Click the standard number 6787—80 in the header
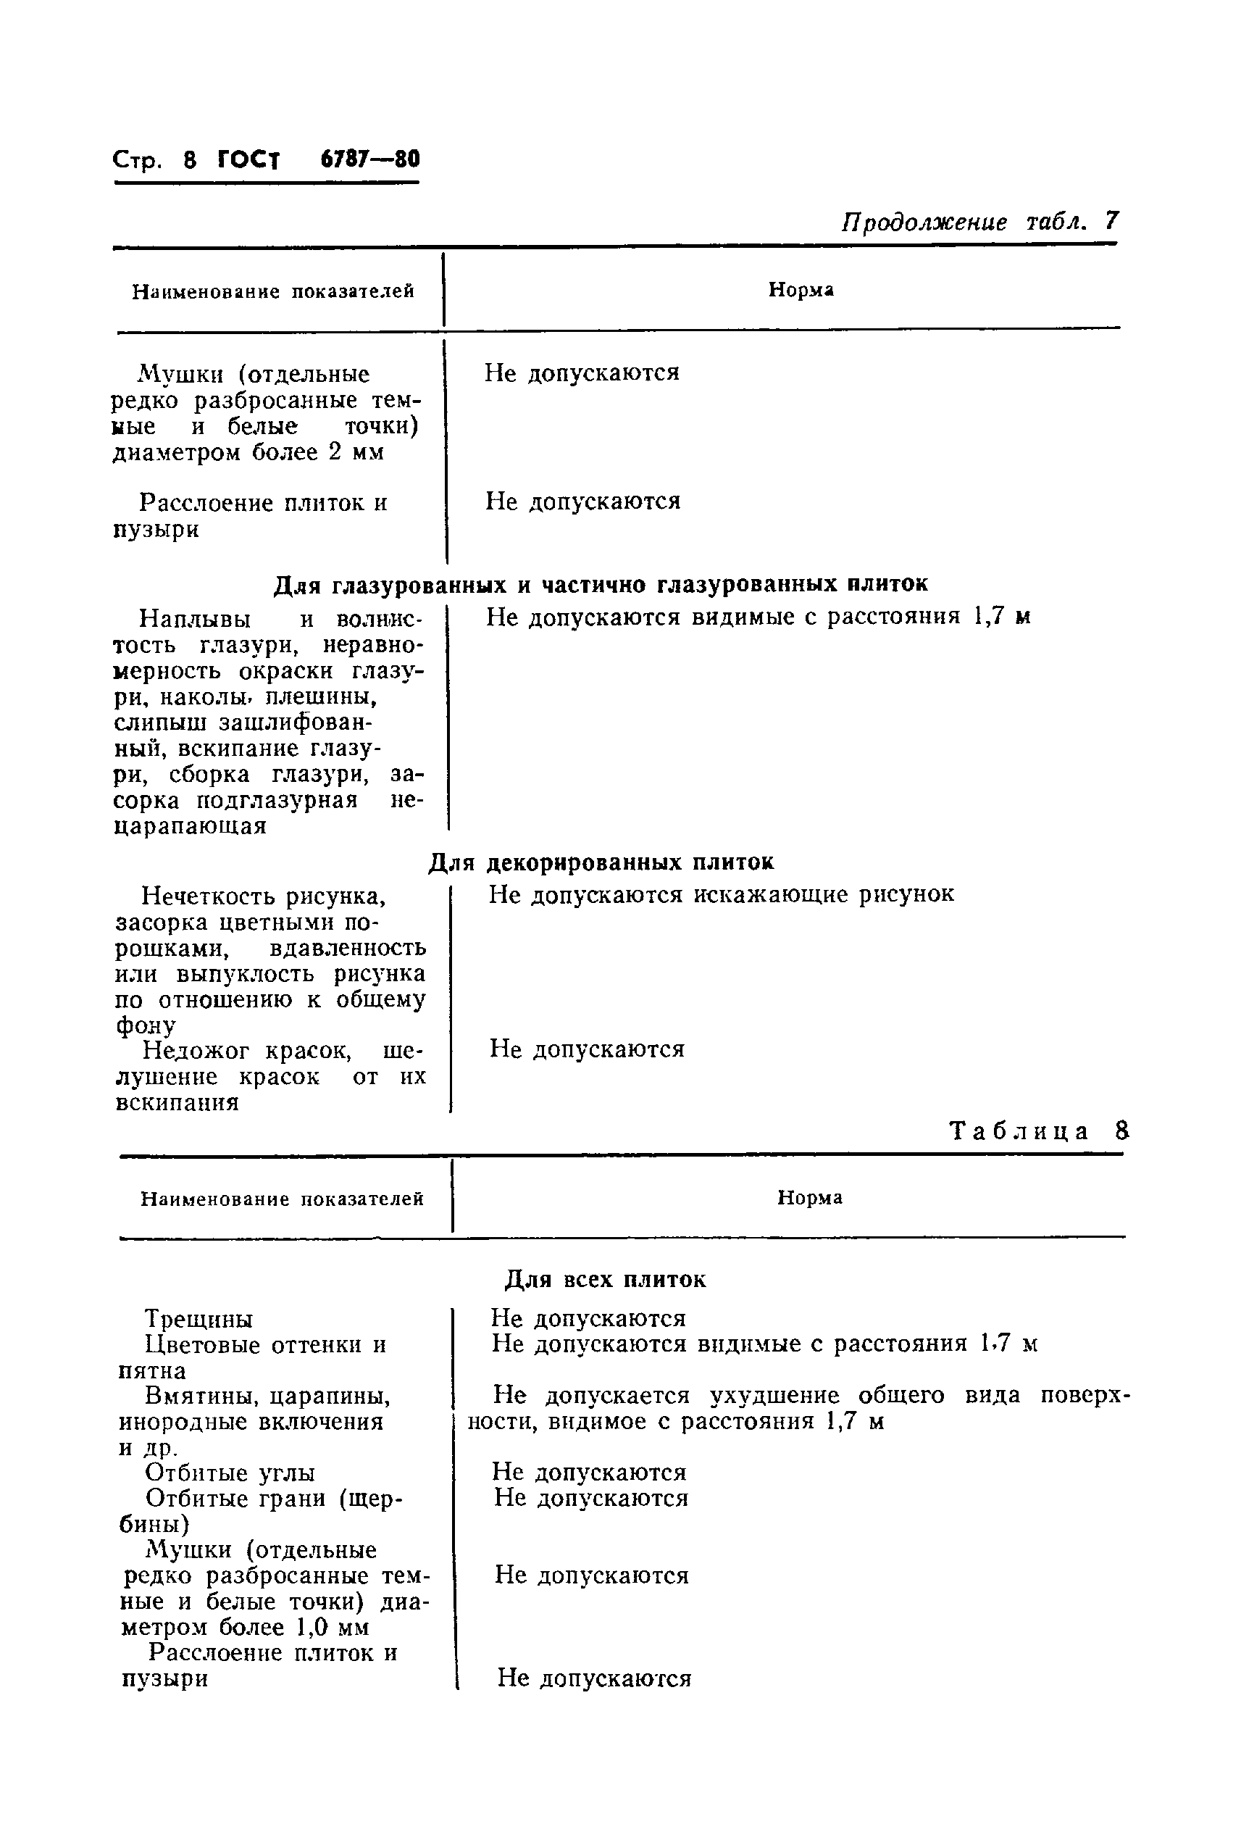click(x=369, y=159)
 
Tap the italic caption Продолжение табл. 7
click(x=979, y=221)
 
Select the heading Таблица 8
click(x=1038, y=1131)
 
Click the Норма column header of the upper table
click(x=801, y=290)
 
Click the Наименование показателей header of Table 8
click(x=282, y=1199)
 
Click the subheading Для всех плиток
click(x=606, y=1280)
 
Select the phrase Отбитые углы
click(x=230, y=1473)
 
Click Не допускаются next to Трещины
click(x=588, y=1318)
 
